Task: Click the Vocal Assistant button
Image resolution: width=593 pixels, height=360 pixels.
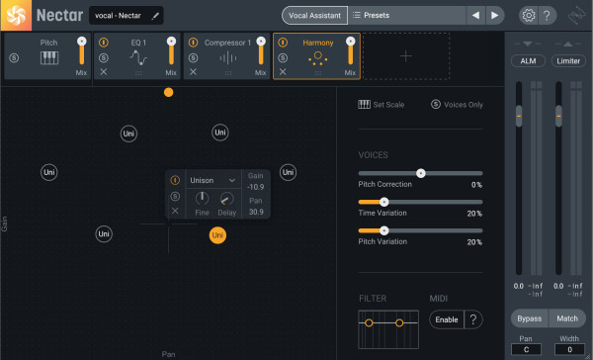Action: (314, 16)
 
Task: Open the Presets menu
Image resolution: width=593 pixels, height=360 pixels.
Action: (371, 16)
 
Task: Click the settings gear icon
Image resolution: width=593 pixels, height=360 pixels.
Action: (529, 16)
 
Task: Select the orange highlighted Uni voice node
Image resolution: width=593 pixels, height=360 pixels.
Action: (217, 235)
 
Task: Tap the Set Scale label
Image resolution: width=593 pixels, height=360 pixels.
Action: (388, 105)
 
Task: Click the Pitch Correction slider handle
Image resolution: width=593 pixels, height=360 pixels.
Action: (421, 173)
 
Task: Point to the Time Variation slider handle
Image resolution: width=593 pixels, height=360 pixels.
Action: (383, 202)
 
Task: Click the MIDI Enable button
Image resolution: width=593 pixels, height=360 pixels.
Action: (447, 319)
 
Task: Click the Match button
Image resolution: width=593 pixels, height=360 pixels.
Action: (567, 318)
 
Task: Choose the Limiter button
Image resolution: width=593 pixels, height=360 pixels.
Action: (568, 61)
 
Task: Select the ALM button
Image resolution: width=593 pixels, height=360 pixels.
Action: (528, 61)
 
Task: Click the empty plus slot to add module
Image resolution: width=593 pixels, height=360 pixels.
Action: (406, 56)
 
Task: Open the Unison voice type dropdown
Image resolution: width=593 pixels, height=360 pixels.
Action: (212, 180)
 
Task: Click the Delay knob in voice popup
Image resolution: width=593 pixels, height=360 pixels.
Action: (226, 199)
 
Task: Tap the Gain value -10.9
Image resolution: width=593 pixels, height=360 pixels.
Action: (256, 187)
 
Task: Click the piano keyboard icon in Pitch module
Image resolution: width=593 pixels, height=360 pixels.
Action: (49, 58)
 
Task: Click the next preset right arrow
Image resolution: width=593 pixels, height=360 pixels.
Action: (494, 16)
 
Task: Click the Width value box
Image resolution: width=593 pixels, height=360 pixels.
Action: (569, 349)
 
